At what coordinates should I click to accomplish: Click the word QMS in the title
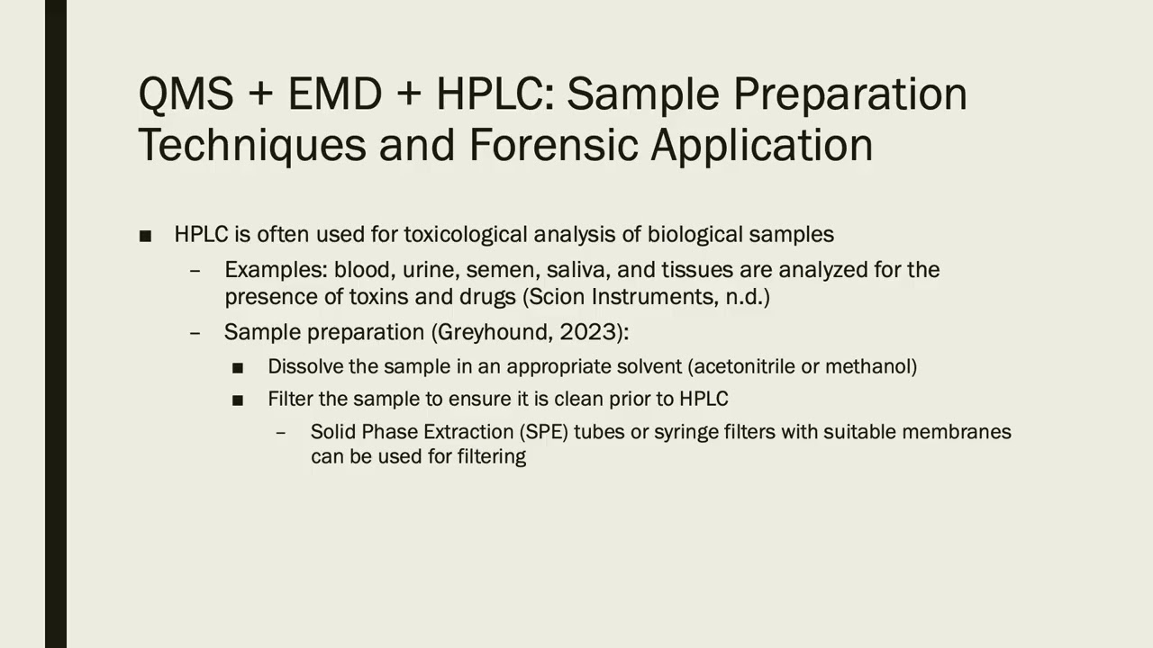pyautogui.click(x=186, y=94)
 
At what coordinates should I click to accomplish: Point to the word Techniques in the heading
pyautogui.click(x=251, y=145)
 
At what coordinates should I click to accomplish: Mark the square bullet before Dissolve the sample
pyautogui.click(x=238, y=368)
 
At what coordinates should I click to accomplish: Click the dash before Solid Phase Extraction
pyautogui.click(x=281, y=432)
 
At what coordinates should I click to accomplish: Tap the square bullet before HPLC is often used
pyautogui.click(x=145, y=236)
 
